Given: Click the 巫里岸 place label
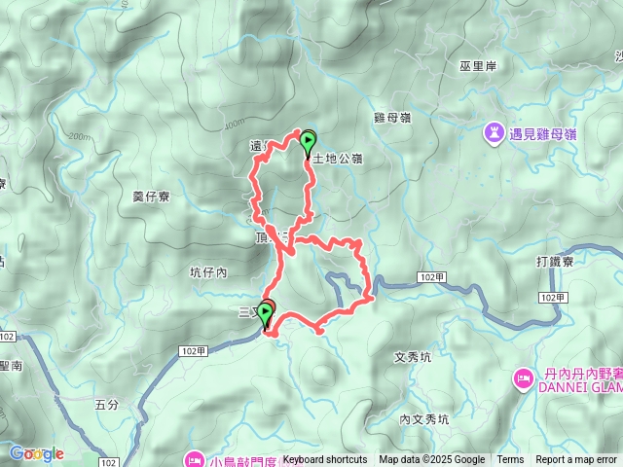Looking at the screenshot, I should click(477, 66).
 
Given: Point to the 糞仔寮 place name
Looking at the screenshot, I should click(151, 197).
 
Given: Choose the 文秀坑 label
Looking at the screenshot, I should click(415, 357).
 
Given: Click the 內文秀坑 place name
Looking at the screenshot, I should click(424, 420).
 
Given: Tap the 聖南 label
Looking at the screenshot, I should click(11, 366).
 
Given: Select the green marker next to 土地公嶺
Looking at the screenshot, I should click(309, 142).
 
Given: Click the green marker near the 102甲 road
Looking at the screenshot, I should click(264, 314).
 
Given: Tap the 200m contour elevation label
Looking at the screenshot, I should click(80, 137).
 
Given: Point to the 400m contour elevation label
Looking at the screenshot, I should click(234, 125).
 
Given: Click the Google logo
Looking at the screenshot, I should click(36, 453).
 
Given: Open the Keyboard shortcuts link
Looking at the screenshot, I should click(325, 460).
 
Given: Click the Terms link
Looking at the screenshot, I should click(510, 460).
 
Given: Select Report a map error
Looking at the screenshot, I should click(575, 460).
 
